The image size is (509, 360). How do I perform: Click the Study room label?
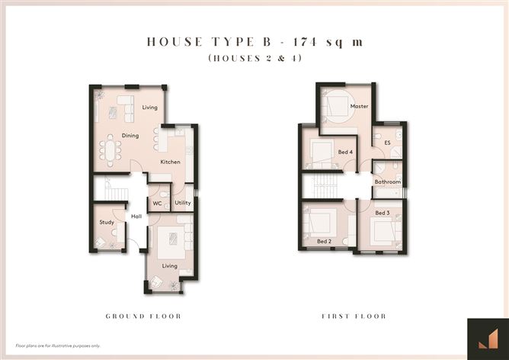pyautogui.click(x=107, y=222)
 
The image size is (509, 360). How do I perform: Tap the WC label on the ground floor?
pyautogui.click(x=157, y=204)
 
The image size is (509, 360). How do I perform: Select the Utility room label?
pyautogui.click(x=183, y=203)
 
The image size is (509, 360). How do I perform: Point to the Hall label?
pyautogui.click(x=136, y=217)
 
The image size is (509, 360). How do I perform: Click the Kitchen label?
pyautogui.click(x=171, y=162)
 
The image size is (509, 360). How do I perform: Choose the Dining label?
pyautogui.click(x=130, y=136)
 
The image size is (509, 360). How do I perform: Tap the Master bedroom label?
pyautogui.click(x=360, y=106)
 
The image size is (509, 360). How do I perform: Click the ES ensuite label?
pyautogui.click(x=387, y=143)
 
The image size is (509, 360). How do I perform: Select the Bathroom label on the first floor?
pyautogui.click(x=388, y=182)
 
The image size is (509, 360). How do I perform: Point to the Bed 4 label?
pyautogui.click(x=345, y=152)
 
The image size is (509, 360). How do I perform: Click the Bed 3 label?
pyautogui.click(x=383, y=213)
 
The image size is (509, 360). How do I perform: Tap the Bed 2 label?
pyautogui.click(x=325, y=242)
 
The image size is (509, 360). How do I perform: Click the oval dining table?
pyautogui.click(x=110, y=151)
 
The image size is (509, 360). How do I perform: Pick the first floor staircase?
pyautogui.click(x=322, y=185)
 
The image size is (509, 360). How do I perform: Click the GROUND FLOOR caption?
pyautogui.click(x=143, y=316)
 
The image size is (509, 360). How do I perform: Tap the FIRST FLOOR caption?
pyautogui.click(x=354, y=316)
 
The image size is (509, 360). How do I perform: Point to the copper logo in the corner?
pyautogui.click(x=488, y=339)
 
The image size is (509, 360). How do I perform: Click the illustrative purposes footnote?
pyautogui.click(x=58, y=346)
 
